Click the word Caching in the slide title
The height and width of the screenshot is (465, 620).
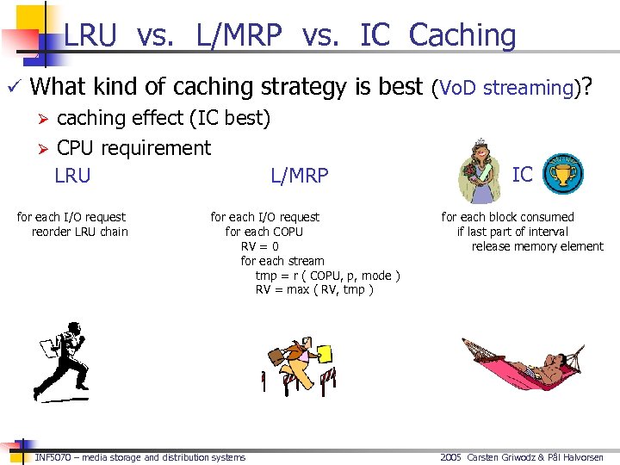click(x=462, y=35)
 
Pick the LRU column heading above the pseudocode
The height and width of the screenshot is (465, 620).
click(x=72, y=177)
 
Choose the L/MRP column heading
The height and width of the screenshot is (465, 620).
click(x=300, y=177)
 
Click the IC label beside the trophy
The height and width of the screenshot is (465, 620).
click(x=523, y=175)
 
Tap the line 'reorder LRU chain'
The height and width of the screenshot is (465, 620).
click(x=79, y=232)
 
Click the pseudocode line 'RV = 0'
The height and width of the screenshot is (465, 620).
click(x=259, y=246)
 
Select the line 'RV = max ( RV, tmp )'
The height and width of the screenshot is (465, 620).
click(x=314, y=289)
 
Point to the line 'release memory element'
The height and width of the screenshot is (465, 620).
click(x=537, y=246)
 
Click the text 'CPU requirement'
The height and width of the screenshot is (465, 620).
click(x=133, y=148)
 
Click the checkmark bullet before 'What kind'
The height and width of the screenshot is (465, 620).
click(x=13, y=86)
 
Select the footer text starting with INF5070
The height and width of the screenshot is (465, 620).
click(x=140, y=457)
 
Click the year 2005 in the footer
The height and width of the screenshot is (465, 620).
click(x=450, y=457)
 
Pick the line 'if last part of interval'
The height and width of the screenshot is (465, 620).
click(x=512, y=232)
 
